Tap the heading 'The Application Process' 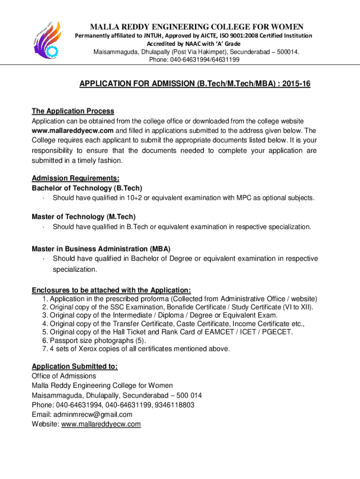73,111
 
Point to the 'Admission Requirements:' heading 75,178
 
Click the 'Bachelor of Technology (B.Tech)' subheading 87,188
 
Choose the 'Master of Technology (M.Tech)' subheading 84,217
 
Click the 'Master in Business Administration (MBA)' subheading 101,249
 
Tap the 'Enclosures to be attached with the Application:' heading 111,290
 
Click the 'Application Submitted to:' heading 75,366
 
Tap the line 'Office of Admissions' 64,376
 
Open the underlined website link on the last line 101,424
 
